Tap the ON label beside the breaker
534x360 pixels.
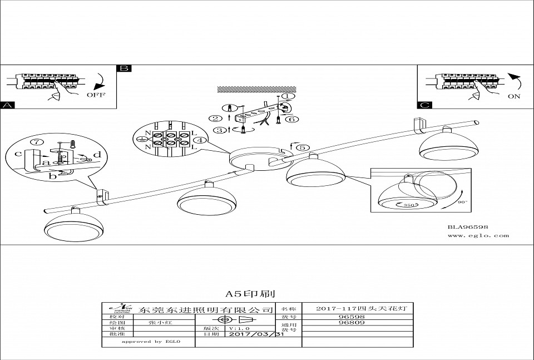514,96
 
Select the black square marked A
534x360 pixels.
7,105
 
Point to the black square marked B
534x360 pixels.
123,68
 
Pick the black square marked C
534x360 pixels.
424,105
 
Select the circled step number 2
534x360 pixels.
215,118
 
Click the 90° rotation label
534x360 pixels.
462,202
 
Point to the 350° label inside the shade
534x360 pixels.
411,206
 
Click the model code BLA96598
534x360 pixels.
468,227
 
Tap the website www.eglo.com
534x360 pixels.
478,235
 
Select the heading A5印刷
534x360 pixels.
250,293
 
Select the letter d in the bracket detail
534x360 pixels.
97,154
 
